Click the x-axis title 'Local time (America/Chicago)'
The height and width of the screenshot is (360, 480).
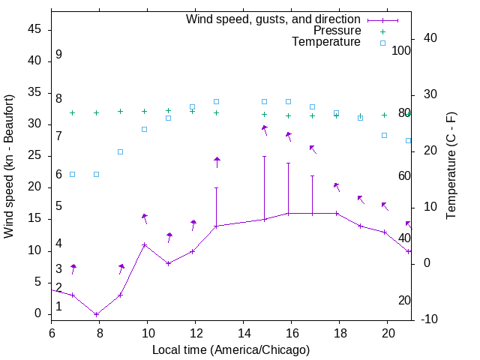231,349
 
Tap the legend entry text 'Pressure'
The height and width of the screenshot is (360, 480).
337,31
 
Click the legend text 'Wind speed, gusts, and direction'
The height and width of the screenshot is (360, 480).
274,19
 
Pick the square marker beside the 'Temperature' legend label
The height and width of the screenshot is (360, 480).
382,43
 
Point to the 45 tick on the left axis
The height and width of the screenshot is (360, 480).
34,29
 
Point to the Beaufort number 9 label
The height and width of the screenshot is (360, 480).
58,55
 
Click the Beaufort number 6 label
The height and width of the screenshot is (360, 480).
58,175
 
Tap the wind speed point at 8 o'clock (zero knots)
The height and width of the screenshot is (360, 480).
97,314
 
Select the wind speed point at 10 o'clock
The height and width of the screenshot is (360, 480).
145,244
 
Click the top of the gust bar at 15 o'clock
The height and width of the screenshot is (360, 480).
265,156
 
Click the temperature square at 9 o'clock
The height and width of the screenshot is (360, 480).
121,151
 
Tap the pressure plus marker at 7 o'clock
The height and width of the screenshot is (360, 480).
73,112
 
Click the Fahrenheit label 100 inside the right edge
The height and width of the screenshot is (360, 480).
402,51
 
